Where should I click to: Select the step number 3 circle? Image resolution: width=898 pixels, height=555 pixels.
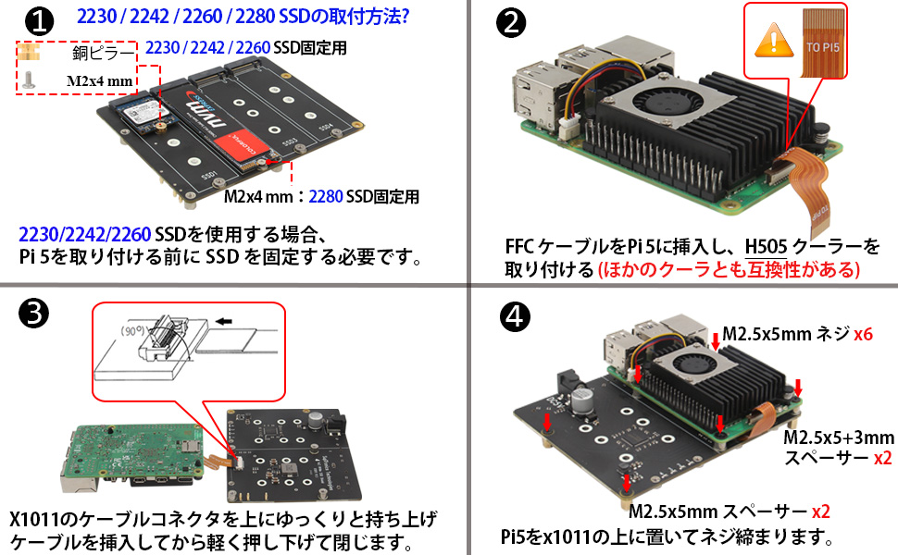click(33, 314)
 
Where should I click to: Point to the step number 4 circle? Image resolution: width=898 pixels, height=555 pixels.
click(514, 317)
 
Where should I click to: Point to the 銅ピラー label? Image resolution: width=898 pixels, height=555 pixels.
click(103, 54)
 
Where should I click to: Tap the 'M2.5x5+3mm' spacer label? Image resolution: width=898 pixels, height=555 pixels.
click(838, 437)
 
